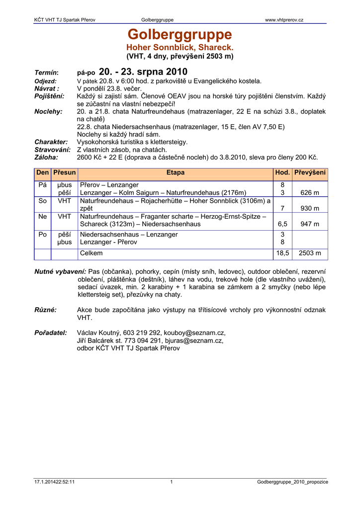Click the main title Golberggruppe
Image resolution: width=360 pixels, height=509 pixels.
coord(180,35)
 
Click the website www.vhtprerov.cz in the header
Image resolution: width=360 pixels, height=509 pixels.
coord(284,20)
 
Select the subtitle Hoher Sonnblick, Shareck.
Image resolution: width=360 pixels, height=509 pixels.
coord(180,47)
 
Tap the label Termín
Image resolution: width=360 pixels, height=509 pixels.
coord(46,73)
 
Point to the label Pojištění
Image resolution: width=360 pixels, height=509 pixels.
coord(49,95)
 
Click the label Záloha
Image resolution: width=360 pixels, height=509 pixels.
coord(46,157)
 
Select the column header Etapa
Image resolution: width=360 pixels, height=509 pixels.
coord(176,172)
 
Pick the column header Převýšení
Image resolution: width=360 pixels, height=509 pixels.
coord(310,172)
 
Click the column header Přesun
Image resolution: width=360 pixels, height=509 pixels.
coord(65,172)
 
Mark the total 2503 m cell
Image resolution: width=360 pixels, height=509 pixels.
coord(310,253)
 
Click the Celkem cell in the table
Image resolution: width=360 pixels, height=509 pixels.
coord(91,253)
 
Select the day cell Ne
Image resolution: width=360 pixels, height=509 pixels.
coord(43,216)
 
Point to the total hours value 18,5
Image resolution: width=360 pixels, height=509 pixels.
coord(282,253)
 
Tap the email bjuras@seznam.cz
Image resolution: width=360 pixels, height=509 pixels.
coord(197,340)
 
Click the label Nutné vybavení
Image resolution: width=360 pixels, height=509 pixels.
coord(60,271)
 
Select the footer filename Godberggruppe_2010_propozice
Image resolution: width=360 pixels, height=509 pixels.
coord(293,482)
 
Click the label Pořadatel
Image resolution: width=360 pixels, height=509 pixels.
coord(51,333)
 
